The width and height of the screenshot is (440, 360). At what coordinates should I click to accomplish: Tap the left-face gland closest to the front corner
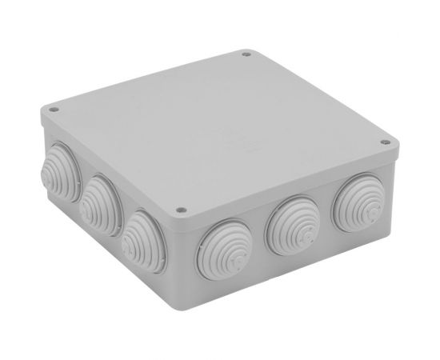[145, 233]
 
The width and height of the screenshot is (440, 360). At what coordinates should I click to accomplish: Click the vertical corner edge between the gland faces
[178, 256]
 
